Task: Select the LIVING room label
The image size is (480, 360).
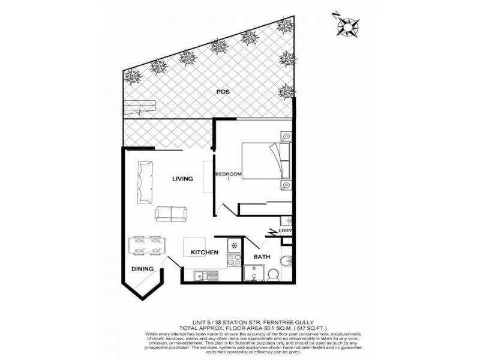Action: tap(182, 178)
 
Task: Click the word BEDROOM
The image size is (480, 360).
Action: tap(229, 174)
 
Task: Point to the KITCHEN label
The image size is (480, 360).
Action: tap(204, 253)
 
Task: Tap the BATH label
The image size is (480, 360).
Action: tap(262, 257)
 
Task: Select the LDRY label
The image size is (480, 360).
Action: tap(284, 230)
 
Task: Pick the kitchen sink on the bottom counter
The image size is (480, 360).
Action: tap(207, 275)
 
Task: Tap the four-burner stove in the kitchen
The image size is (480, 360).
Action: tap(231, 262)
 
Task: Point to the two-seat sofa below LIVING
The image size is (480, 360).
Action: tap(171, 213)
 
